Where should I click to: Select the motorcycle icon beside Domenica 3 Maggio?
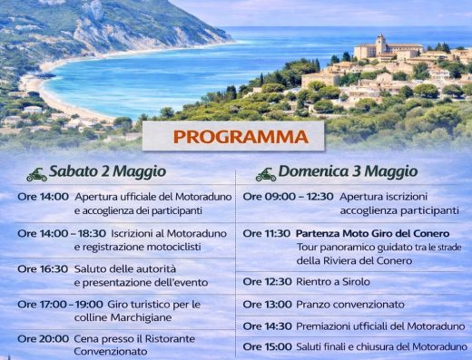point(265,173)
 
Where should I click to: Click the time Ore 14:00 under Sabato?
point(43,196)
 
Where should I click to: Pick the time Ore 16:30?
point(43,269)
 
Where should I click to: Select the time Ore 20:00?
point(43,338)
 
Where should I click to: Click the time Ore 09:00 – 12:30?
point(288,196)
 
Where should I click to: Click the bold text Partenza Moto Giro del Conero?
point(372,233)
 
